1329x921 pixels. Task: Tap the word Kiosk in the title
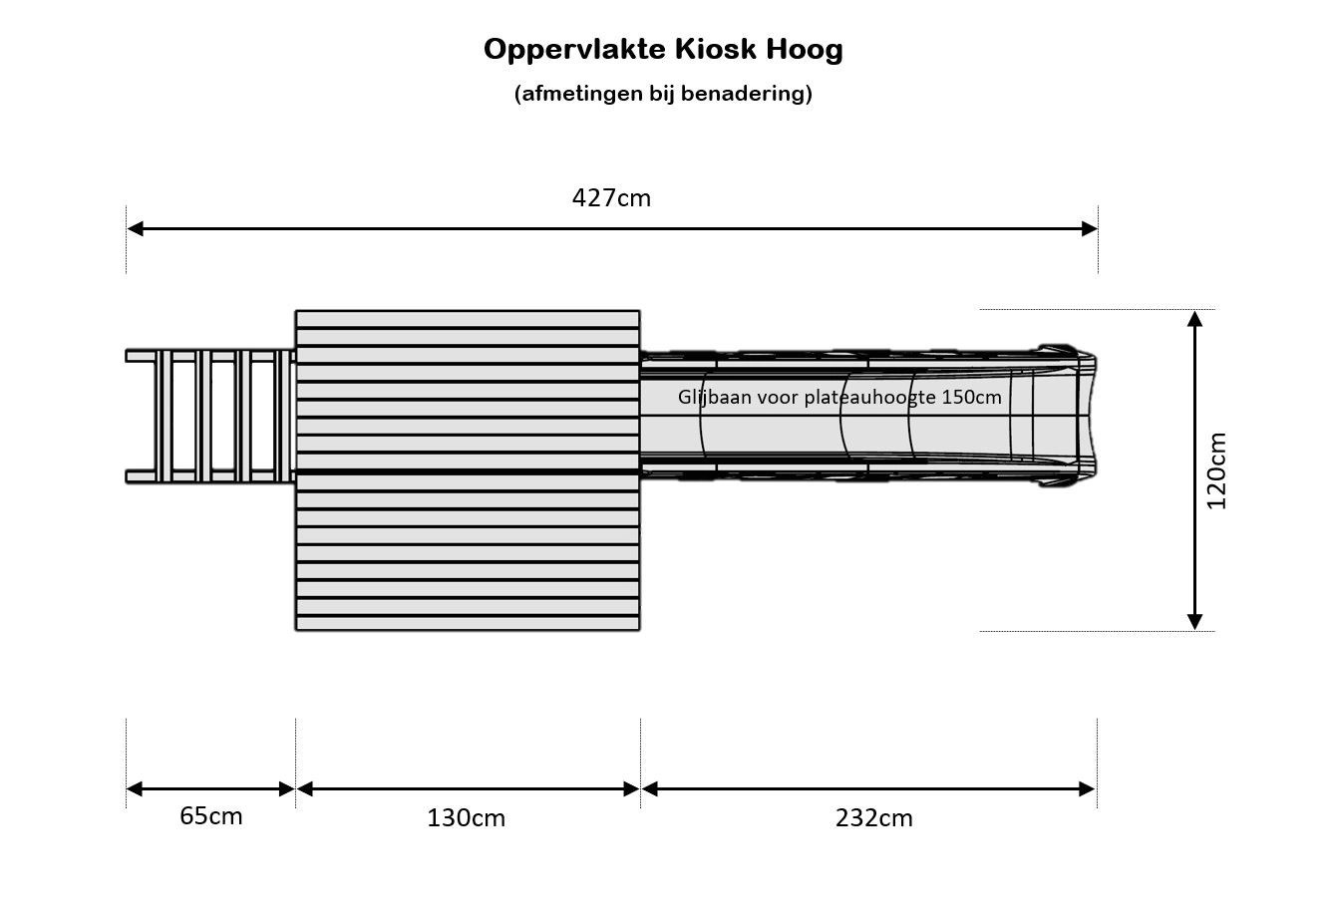tap(716, 49)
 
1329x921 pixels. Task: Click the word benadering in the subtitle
tap(745, 94)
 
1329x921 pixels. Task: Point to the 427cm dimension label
tap(611, 197)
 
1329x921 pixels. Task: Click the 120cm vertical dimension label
tap(1215, 470)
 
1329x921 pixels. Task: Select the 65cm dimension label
tap(211, 816)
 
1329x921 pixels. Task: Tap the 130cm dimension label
tap(466, 817)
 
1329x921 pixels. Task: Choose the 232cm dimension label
tap(874, 817)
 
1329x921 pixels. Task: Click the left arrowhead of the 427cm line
tap(135, 228)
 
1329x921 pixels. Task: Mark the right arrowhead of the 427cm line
tap(1090, 228)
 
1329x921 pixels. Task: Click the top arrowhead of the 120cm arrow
tap(1195, 319)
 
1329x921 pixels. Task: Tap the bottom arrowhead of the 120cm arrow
tap(1195, 622)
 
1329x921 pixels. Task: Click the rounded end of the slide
tap(1087, 415)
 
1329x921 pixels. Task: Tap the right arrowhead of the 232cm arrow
tap(1087, 788)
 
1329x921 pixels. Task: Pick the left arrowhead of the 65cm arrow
tap(135, 788)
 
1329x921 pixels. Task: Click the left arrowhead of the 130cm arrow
tap(305, 788)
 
